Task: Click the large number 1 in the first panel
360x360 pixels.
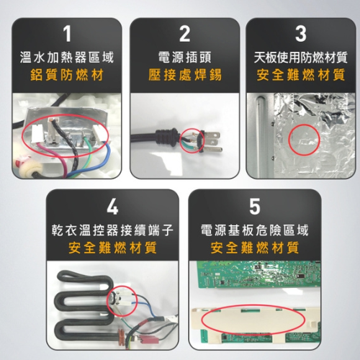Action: [x=68, y=34]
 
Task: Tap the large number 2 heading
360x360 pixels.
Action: [x=184, y=34]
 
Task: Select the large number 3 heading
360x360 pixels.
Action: [x=301, y=34]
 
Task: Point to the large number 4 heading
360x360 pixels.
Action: [x=112, y=206]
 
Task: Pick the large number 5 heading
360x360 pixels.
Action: [x=255, y=206]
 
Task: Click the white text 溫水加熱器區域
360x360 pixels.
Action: [x=67, y=58]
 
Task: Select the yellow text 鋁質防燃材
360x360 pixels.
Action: [x=67, y=75]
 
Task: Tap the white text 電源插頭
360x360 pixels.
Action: [x=184, y=58]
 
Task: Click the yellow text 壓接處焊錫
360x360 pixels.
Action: [x=184, y=75]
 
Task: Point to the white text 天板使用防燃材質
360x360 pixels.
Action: [x=301, y=58]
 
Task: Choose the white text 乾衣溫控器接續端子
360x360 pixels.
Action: [x=112, y=230]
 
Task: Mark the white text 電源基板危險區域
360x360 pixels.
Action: [x=255, y=230]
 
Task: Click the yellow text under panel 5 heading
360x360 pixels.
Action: [x=255, y=248]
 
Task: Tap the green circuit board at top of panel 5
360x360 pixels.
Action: [x=258, y=274]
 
